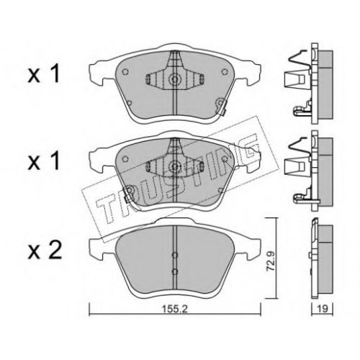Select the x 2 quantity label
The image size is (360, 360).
coord(45,251)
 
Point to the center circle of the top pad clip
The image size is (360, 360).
coord(175,78)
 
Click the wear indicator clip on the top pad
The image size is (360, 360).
coord(221,106)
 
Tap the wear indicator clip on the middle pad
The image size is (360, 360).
coord(128,193)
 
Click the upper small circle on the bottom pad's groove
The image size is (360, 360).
coord(175,255)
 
